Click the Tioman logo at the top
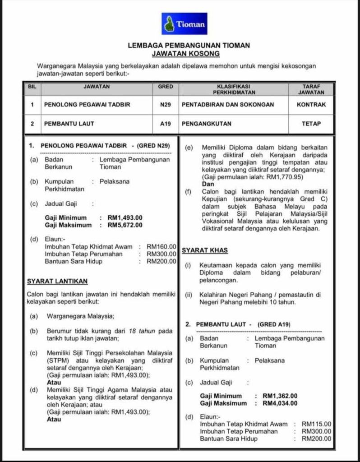point(185,24)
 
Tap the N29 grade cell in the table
point(165,105)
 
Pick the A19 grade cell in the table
point(165,123)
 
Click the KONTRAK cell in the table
point(311,105)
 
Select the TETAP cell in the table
point(311,123)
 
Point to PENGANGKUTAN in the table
point(207,123)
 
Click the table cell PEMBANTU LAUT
point(69,123)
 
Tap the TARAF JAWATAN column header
point(311,89)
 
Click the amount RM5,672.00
point(125,225)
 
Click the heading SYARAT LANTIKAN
point(57,281)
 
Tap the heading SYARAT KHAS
point(204,250)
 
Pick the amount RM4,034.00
point(280,403)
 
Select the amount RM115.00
point(316,424)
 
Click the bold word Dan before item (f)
point(208,184)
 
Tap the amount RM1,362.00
point(280,396)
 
